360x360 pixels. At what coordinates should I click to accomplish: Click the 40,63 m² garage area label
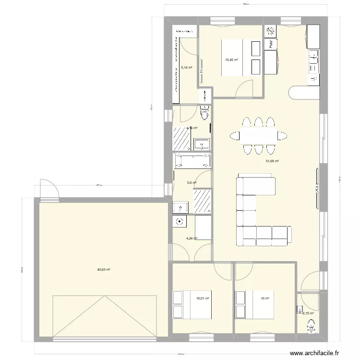click(x=104, y=270)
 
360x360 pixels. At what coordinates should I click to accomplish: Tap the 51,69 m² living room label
click(x=273, y=162)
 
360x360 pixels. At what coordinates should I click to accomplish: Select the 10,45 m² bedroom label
click(x=232, y=60)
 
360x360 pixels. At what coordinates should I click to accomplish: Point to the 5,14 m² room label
click(x=186, y=68)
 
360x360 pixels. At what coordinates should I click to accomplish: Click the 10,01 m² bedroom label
click(x=203, y=298)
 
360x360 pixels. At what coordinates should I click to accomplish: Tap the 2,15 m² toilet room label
click(x=308, y=313)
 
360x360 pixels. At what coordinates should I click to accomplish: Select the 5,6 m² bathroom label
click(x=192, y=182)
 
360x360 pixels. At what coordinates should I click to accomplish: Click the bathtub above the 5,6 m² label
click(x=192, y=161)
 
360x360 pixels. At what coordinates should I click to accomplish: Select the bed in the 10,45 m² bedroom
click(x=240, y=57)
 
